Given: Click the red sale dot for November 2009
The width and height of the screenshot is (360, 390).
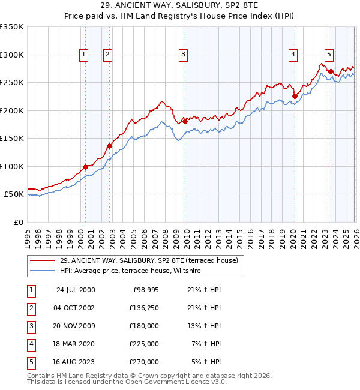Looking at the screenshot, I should point(185,122).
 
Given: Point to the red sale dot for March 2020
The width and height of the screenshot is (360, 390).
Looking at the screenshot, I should point(295,96).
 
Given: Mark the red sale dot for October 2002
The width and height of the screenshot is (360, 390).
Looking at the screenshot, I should point(110,146).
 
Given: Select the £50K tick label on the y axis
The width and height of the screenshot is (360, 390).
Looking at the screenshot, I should point(14,194).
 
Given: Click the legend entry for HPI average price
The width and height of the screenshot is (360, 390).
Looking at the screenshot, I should point(130,271).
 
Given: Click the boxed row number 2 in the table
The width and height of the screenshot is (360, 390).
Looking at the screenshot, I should point(30,308).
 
